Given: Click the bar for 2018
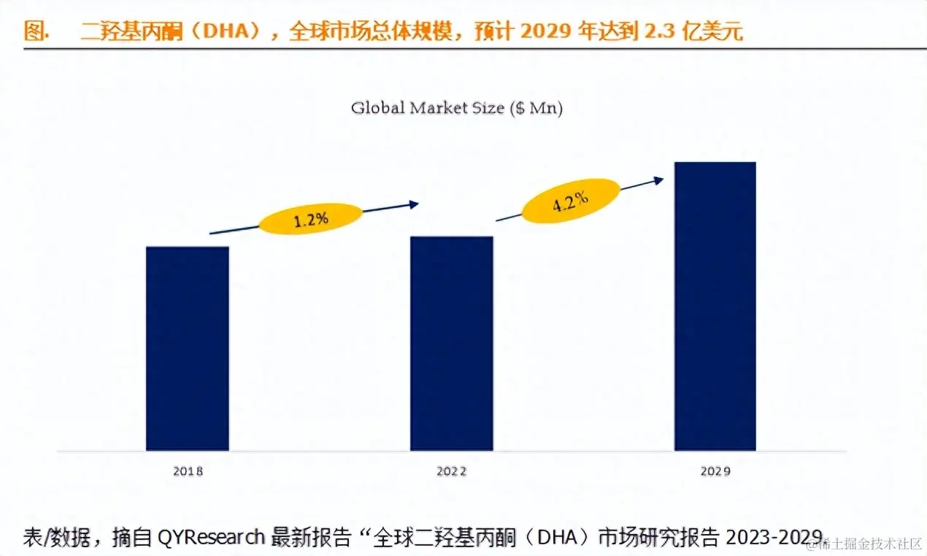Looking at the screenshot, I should (x=188, y=348).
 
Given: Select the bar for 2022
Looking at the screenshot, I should (x=451, y=343).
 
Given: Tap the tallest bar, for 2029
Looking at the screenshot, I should (x=715, y=306).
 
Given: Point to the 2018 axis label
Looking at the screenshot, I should (x=188, y=471).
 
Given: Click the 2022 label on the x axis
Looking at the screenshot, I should (x=451, y=471).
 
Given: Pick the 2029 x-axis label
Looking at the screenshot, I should (x=715, y=471).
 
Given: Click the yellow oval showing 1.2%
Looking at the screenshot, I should (x=311, y=219).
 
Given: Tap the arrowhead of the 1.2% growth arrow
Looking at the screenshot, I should (x=415, y=204).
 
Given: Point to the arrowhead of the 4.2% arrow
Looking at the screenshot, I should (x=659, y=179).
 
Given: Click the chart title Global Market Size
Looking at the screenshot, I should (x=428, y=108).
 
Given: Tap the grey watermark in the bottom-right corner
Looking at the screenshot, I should (x=869, y=544).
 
